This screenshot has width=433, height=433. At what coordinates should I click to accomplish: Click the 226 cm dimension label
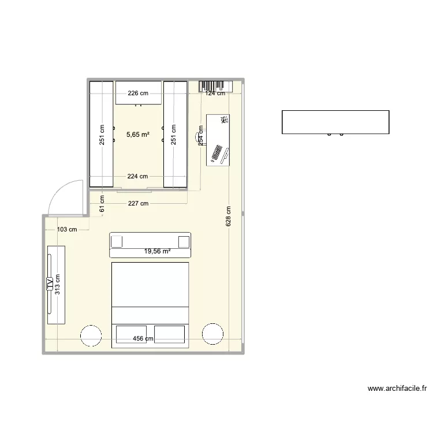point(138,92)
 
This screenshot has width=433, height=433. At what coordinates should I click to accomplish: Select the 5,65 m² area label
point(138,135)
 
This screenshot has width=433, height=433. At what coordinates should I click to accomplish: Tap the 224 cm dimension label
point(138,177)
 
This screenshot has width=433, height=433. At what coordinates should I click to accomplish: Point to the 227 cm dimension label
point(139,203)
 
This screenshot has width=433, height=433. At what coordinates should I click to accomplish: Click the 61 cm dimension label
point(102,205)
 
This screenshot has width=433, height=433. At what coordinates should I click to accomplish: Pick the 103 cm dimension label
point(68,229)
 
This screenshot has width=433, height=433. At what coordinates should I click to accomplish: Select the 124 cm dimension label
point(215,92)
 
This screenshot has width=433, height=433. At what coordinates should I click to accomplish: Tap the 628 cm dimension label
point(229,216)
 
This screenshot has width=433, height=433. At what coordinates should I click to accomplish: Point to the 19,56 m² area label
point(158,251)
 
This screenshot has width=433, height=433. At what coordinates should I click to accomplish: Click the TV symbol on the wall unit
point(50,284)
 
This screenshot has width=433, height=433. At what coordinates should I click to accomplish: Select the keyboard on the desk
point(218,153)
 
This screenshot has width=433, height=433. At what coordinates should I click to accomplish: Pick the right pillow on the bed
point(170,335)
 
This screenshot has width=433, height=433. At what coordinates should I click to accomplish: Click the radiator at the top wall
point(211,87)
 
